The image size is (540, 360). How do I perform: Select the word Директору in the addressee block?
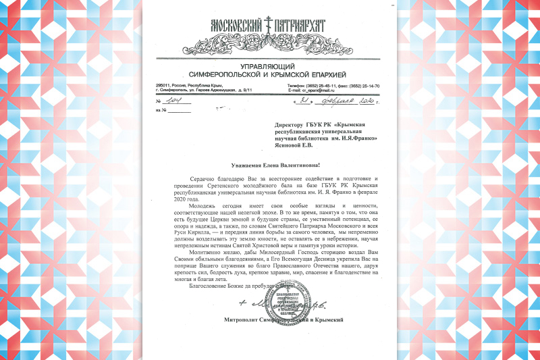tap(291, 125)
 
